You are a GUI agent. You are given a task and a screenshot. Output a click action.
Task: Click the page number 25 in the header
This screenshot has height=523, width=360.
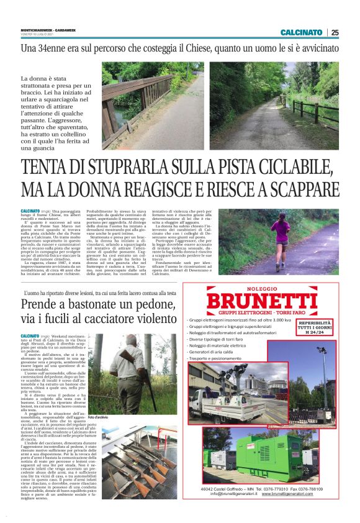335,32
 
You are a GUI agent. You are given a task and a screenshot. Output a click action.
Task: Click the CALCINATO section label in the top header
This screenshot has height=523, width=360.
301,32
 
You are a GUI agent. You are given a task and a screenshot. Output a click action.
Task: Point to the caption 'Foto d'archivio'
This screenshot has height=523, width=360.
99,416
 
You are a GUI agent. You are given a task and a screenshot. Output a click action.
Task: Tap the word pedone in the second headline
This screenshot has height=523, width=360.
160,304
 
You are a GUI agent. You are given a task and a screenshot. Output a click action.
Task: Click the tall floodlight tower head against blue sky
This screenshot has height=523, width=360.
323,353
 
